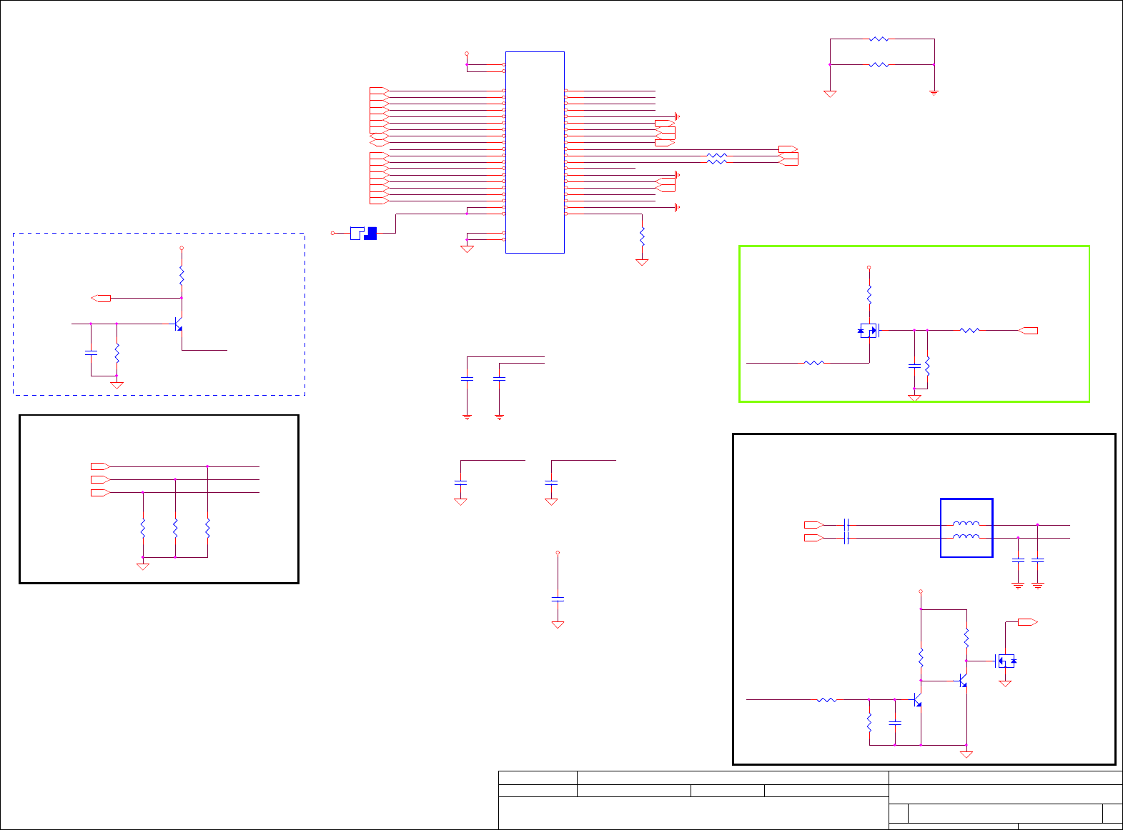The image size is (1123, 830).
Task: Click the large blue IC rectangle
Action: (535, 151)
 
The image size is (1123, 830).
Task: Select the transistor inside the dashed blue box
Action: (179, 324)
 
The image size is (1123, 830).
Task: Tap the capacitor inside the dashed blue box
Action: (91, 352)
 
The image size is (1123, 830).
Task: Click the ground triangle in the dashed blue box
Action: (117, 386)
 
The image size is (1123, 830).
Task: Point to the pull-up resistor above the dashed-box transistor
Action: (182, 275)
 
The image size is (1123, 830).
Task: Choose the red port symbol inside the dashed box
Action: (102, 298)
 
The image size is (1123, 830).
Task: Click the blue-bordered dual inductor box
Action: (966, 528)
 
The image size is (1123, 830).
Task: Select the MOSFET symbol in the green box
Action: (869, 330)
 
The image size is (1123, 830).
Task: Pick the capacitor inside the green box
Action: (914, 366)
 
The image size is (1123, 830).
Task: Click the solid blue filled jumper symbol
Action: (370, 233)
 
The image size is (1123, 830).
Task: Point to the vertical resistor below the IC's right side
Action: (642, 234)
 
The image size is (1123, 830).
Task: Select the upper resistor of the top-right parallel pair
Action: (879, 39)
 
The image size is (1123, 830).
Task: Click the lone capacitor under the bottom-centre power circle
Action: (558, 599)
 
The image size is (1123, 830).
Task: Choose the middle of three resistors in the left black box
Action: (175, 529)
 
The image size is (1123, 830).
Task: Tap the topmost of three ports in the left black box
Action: (100, 466)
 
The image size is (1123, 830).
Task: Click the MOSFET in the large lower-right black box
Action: (1005, 661)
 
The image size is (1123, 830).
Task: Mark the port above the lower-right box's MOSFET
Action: (1028, 622)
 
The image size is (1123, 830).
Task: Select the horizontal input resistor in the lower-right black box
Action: (826, 700)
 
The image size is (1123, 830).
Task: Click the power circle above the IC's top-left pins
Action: (467, 53)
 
